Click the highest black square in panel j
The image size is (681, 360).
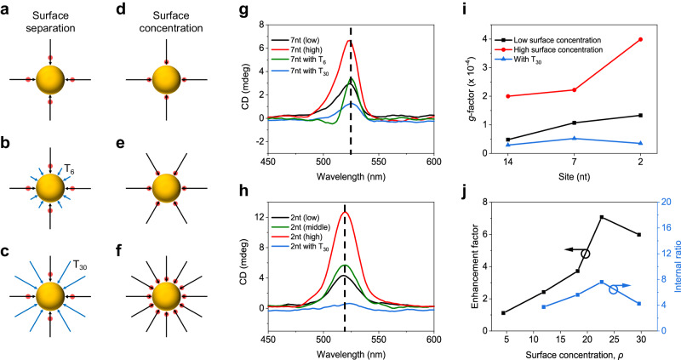[x=602, y=217]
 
